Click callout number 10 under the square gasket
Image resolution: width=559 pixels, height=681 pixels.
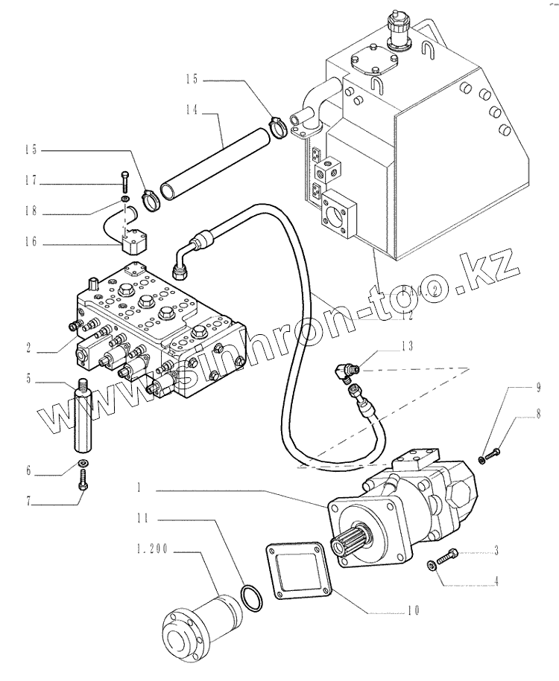pyautogui.click(x=413, y=612)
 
